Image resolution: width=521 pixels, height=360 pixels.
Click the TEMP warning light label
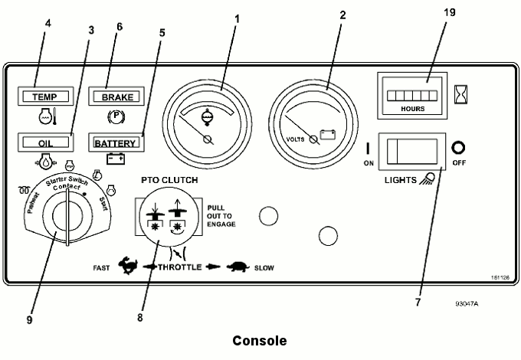[45, 97]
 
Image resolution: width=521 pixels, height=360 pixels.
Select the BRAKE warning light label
[117, 97]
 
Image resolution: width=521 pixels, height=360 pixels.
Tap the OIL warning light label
[45, 143]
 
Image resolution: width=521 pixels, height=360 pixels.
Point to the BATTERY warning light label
[115, 143]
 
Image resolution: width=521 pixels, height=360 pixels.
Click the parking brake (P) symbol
[116, 116]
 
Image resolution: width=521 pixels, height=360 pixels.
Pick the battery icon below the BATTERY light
[116, 159]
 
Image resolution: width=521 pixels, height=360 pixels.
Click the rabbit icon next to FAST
[128, 266]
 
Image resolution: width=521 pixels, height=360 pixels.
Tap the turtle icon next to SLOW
[238, 267]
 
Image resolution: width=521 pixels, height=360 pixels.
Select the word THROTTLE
[180, 267]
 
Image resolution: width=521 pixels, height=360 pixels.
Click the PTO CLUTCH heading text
[169, 180]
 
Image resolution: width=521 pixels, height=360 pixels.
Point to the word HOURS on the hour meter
[413, 109]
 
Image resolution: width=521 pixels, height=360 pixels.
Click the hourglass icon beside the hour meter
[460, 94]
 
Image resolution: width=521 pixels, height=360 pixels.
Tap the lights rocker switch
[412, 152]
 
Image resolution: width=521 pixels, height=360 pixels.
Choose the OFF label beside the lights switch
[459, 162]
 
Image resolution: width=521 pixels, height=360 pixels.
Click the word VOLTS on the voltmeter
[295, 139]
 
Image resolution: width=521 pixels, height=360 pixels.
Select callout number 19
[449, 12]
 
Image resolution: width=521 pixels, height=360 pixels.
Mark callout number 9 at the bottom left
[30, 320]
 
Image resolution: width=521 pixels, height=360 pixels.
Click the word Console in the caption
[260, 341]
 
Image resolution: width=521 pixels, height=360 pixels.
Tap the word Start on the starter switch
[103, 204]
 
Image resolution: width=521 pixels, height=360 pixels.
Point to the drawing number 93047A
[467, 303]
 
